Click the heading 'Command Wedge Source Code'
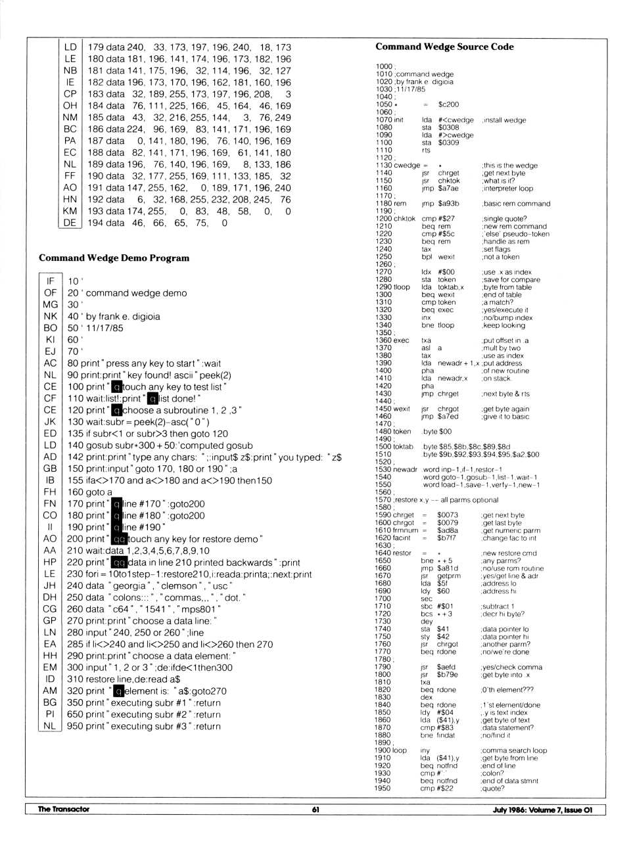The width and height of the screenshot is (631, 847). pyautogui.click(x=444, y=47)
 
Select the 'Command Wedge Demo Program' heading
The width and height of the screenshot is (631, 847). pyautogui.click(x=114, y=258)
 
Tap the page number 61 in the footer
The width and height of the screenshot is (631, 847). pyautogui.click(x=315, y=810)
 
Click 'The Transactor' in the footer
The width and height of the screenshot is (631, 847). pyautogui.click(x=63, y=810)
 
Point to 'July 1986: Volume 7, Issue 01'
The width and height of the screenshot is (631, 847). pyautogui.click(x=542, y=810)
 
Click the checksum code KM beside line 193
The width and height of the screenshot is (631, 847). pyautogui.click(x=70, y=211)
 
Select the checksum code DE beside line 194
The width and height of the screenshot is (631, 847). pyautogui.click(x=70, y=223)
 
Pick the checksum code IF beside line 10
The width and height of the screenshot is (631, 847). pyautogui.click(x=50, y=281)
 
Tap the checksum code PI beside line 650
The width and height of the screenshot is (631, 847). pyautogui.click(x=50, y=714)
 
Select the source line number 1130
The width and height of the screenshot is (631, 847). pyautogui.click(x=384, y=166)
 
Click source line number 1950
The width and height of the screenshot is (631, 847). pyautogui.click(x=383, y=789)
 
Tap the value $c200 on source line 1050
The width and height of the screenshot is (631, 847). pyautogui.click(x=448, y=104)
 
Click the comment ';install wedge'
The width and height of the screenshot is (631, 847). pyautogui.click(x=503, y=120)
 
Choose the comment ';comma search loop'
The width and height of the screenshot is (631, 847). pyautogui.click(x=513, y=750)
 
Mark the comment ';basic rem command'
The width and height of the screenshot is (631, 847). pyautogui.click(x=515, y=204)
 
